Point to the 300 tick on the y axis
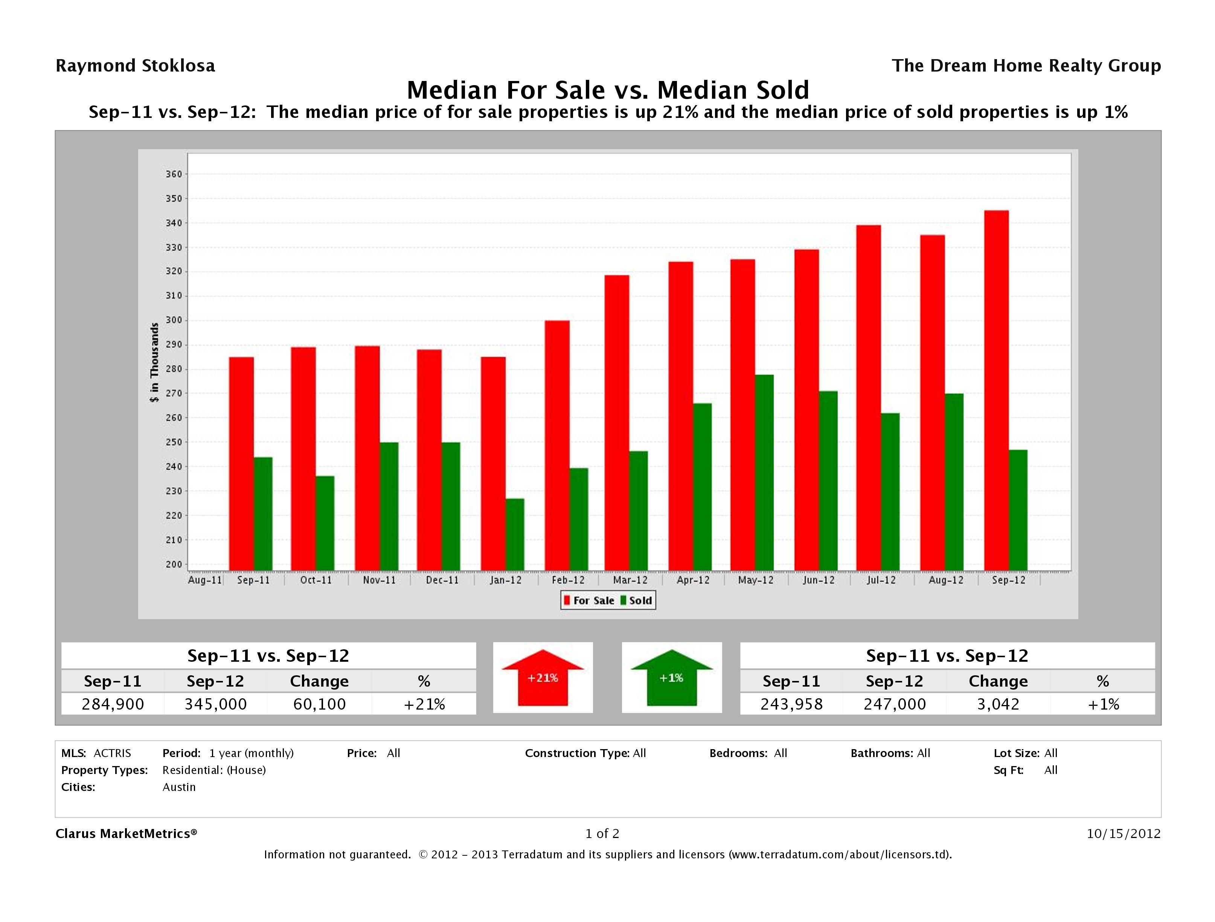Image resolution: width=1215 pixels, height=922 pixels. click(x=174, y=321)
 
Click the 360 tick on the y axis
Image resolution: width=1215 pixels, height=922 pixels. click(x=174, y=174)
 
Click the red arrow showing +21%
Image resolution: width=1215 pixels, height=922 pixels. click(x=543, y=678)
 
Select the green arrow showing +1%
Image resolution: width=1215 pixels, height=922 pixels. click(x=671, y=678)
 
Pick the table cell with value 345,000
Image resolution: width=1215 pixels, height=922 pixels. click(x=215, y=704)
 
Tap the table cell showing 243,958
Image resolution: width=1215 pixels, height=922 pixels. click(x=791, y=704)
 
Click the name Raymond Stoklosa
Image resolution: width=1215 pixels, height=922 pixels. click(x=135, y=66)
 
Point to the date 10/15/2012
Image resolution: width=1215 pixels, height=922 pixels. click(x=1123, y=833)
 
